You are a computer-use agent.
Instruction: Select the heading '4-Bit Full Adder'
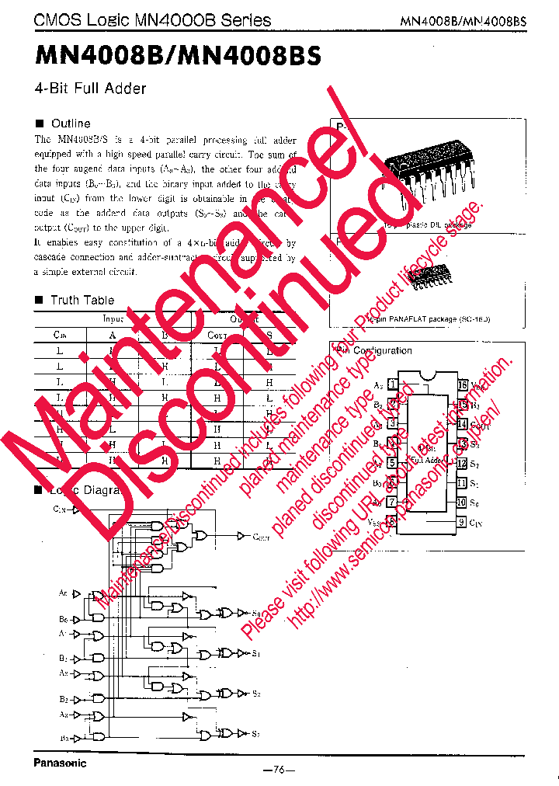pyautogui.click(x=90, y=89)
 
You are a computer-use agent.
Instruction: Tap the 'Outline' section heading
pyautogui.click(x=70, y=123)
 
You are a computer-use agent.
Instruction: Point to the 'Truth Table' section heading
pyautogui.click(x=82, y=300)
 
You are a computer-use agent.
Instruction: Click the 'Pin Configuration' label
pyautogui.click(x=376, y=350)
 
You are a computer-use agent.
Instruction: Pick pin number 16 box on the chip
pyautogui.click(x=462, y=384)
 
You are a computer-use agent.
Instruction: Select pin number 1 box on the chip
pyautogui.click(x=393, y=384)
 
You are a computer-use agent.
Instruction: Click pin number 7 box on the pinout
pyautogui.click(x=393, y=503)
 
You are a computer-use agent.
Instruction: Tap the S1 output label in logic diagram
pyautogui.click(x=256, y=654)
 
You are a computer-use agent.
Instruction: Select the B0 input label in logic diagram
pyautogui.click(x=63, y=618)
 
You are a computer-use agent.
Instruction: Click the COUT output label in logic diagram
pyautogui.click(x=261, y=537)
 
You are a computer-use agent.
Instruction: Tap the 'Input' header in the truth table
pyautogui.click(x=113, y=318)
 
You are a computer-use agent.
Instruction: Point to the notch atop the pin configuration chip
pyautogui.click(x=427, y=379)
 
